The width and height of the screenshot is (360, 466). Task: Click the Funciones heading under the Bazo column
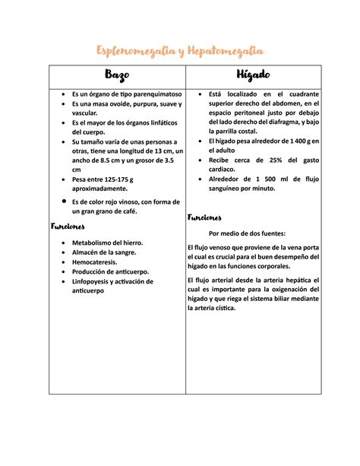click(68, 227)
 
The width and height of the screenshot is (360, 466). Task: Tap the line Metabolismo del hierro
click(107, 242)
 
